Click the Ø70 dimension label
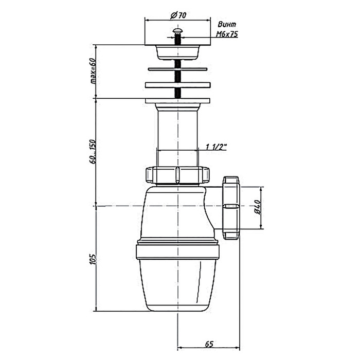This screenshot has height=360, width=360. coord(178,15)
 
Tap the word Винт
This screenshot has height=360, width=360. coord(227,24)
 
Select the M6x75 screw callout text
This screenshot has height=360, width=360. coord(227,34)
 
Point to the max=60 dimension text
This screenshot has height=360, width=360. coord(93,71)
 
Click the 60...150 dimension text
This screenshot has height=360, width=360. coord(93,151)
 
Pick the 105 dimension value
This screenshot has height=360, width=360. coord(93,259)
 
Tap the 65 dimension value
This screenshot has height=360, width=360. coord(209,344)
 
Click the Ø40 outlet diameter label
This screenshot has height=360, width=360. coord(257,207)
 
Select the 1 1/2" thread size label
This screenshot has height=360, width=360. coord(216,147)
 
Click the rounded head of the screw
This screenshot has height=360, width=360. coord(177,30)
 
